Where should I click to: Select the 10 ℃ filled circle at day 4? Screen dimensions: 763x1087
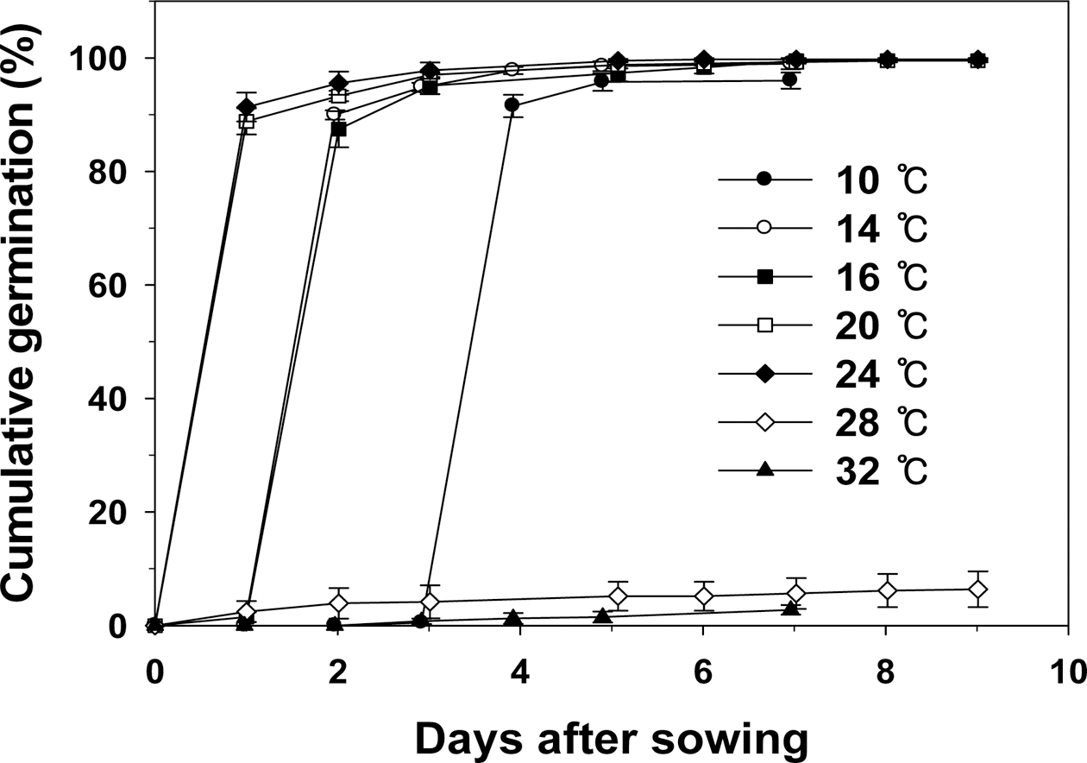click(512, 105)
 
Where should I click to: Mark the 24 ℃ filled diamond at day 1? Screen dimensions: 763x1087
click(247, 107)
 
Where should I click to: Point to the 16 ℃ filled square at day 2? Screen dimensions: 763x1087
click(339, 129)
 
